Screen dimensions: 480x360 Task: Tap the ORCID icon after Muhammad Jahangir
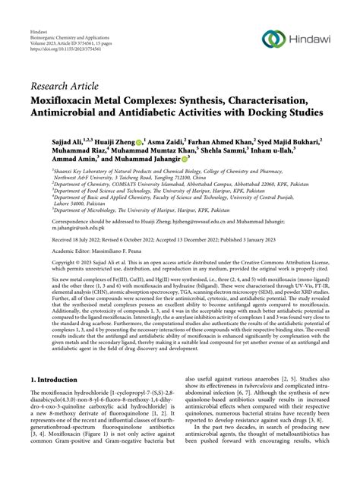click(165, 164)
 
